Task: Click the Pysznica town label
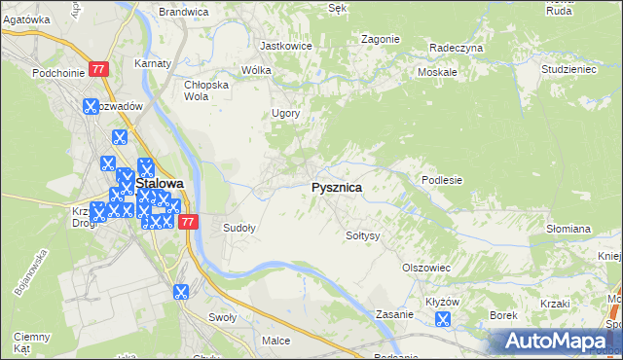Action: tap(337, 187)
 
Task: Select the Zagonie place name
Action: tap(380, 39)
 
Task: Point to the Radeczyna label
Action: tap(456, 47)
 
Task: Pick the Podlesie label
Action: tap(441, 180)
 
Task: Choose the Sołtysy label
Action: tap(362, 235)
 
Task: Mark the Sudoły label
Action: tap(239, 229)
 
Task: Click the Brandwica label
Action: tap(184, 12)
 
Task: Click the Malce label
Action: tap(276, 341)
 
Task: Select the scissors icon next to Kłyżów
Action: tap(444, 318)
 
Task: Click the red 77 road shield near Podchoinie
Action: tap(98, 69)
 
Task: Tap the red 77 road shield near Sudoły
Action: tap(189, 222)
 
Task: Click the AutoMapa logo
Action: tap(554, 341)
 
